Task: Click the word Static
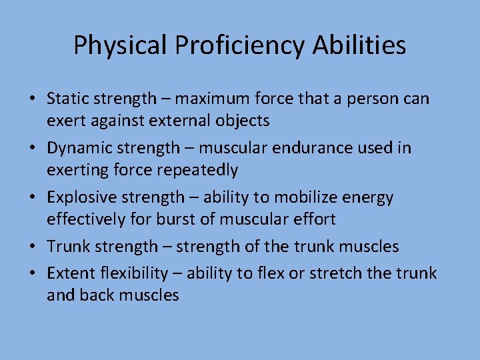click(x=69, y=99)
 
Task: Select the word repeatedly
click(x=197, y=170)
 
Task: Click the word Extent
click(x=70, y=273)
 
